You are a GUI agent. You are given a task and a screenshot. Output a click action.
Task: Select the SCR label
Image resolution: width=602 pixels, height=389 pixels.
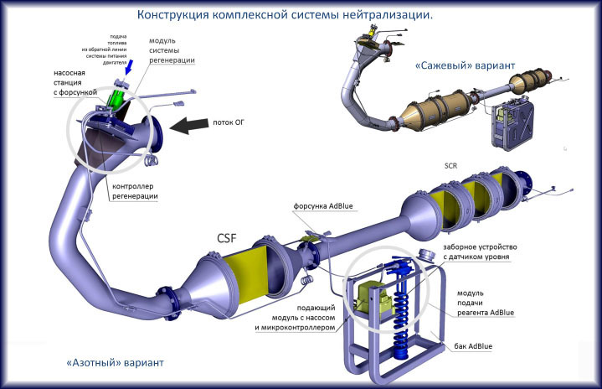(x=454, y=165)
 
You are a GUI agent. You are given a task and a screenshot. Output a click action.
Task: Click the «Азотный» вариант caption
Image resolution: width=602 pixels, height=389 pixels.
(x=114, y=363)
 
